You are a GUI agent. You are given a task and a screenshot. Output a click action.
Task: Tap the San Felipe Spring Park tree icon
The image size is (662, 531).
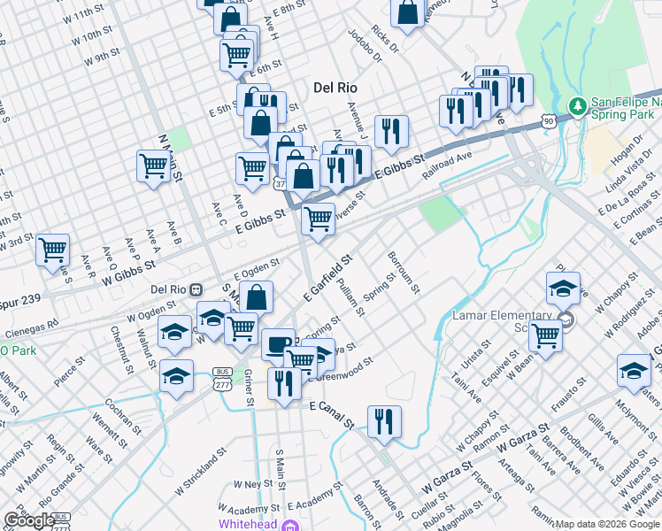(577, 106)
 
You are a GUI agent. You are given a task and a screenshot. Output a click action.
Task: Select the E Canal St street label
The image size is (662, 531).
(331, 405)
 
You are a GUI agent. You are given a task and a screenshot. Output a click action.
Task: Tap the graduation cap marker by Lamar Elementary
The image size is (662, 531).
(562, 289)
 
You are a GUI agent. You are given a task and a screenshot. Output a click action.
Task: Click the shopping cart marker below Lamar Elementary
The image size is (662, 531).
(545, 335)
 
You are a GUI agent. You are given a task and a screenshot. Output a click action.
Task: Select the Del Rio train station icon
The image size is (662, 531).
(200, 289)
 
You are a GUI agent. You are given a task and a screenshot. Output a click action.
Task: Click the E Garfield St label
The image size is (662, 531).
(327, 276)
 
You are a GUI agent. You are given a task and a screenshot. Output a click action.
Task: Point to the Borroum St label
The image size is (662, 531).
(404, 273)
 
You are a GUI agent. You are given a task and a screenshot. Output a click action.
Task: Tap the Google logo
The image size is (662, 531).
(28, 521)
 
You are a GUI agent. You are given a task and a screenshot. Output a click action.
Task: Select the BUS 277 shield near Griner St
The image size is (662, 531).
(221, 377)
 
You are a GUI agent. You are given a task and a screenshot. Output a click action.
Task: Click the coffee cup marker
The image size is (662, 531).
(278, 344)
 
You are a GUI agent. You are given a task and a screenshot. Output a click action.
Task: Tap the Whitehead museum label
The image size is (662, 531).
(249, 525)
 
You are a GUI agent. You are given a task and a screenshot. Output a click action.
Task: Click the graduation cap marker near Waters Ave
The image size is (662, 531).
(634, 370)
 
